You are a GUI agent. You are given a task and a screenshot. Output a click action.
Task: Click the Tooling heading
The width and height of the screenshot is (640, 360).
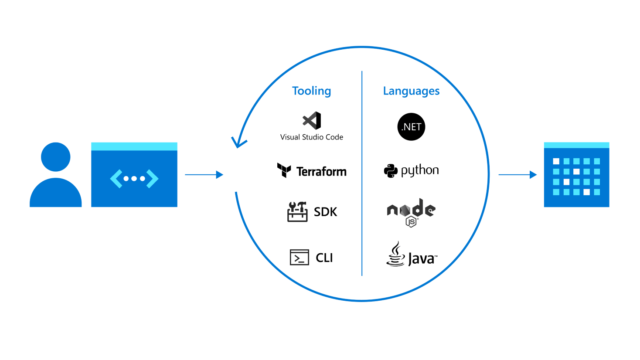(311, 91)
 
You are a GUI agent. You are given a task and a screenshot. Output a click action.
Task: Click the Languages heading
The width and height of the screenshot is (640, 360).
(411, 91)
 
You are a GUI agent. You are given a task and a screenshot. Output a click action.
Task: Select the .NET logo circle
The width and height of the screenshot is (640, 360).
(411, 127)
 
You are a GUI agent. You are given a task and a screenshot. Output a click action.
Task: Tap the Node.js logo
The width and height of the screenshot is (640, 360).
(411, 210)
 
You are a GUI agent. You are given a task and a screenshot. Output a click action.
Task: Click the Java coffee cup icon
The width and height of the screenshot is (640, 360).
(395, 255)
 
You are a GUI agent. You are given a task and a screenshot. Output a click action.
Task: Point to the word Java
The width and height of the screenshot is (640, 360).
(422, 258)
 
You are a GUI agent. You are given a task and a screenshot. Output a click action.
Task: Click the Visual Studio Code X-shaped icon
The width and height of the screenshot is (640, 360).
(310, 121)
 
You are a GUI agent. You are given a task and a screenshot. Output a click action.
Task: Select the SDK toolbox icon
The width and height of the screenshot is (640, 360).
(298, 211)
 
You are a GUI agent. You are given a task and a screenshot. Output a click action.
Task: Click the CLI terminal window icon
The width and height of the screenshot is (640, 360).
(300, 257)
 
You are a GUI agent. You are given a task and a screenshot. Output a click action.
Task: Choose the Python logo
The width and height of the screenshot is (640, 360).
(411, 170)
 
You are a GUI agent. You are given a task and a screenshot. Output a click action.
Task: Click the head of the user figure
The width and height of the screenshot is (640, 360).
(55, 157)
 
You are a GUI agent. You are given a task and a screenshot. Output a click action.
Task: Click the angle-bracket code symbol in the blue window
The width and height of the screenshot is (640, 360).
(134, 179)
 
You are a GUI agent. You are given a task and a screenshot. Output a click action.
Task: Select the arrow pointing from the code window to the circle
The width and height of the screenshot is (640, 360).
(204, 175)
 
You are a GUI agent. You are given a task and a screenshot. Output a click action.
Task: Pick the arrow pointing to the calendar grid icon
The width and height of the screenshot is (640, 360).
(517, 175)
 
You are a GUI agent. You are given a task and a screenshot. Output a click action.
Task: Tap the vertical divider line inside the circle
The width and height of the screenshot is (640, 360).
(362, 174)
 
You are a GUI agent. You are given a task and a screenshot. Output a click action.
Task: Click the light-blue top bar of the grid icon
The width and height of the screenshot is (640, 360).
(576, 145)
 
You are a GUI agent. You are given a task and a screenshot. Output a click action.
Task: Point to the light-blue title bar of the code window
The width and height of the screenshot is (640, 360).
(134, 146)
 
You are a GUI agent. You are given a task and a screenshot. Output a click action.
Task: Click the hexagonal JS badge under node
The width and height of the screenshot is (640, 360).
(412, 222)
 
